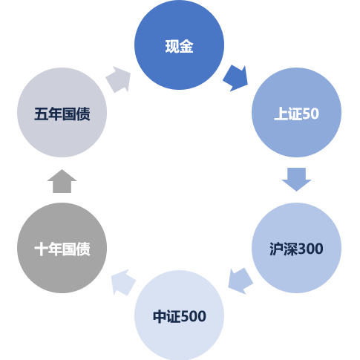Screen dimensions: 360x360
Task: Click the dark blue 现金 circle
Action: [x=179, y=45]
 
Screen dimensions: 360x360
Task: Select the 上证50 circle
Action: [x=296, y=112]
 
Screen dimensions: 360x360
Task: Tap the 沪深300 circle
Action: [x=296, y=248]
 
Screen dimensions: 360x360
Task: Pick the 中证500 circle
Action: [x=179, y=315]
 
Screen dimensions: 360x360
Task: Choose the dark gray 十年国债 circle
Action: [x=62, y=248]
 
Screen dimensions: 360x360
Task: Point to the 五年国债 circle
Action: [x=62, y=112]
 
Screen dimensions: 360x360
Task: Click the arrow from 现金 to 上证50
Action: [x=236, y=78]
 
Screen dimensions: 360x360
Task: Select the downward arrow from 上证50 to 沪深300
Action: [x=296, y=180]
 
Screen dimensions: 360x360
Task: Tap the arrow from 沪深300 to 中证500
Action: [x=240, y=281]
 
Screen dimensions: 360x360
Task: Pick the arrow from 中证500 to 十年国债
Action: [x=123, y=282]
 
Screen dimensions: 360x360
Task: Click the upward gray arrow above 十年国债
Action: [x=62, y=181]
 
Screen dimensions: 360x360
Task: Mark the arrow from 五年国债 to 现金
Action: [x=119, y=79]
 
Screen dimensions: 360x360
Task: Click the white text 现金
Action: [x=179, y=46]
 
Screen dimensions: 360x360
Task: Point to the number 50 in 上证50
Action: [x=310, y=114]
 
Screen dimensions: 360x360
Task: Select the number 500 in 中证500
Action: [x=193, y=316]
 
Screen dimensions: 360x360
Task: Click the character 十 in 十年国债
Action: [x=41, y=249]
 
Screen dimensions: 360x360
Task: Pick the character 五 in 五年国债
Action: [x=41, y=114]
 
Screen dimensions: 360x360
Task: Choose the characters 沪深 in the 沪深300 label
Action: [x=283, y=249]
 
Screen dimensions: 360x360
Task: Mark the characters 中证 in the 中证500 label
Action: [x=166, y=316]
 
